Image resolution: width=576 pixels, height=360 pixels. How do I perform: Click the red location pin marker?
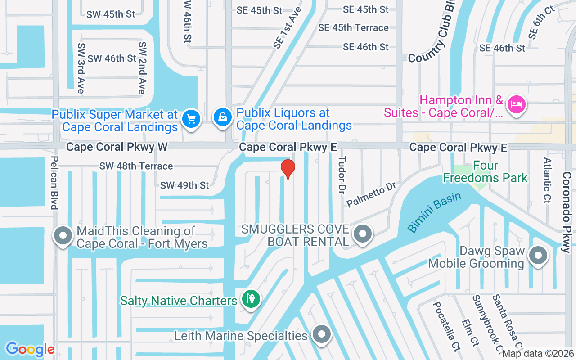click(x=288, y=169)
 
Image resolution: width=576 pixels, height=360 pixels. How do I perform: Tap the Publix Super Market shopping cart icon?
click(x=191, y=119)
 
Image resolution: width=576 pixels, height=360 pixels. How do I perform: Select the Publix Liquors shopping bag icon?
click(x=222, y=117)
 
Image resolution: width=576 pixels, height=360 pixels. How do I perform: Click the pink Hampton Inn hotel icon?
click(x=517, y=105)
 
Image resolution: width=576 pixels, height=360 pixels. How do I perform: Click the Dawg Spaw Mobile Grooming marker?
click(x=538, y=256)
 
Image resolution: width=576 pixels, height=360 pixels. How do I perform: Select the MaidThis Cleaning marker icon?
click(x=63, y=235)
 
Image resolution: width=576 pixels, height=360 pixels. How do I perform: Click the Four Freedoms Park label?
click(x=485, y=172)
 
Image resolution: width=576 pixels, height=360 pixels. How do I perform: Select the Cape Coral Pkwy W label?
click(x=117, y=147)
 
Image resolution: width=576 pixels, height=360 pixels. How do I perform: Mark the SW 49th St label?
click(x=184, y=185)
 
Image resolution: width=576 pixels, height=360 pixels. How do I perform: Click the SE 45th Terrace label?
click(x=353, y=28)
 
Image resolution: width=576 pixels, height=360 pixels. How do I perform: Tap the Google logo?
click(x=30, y=349)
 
